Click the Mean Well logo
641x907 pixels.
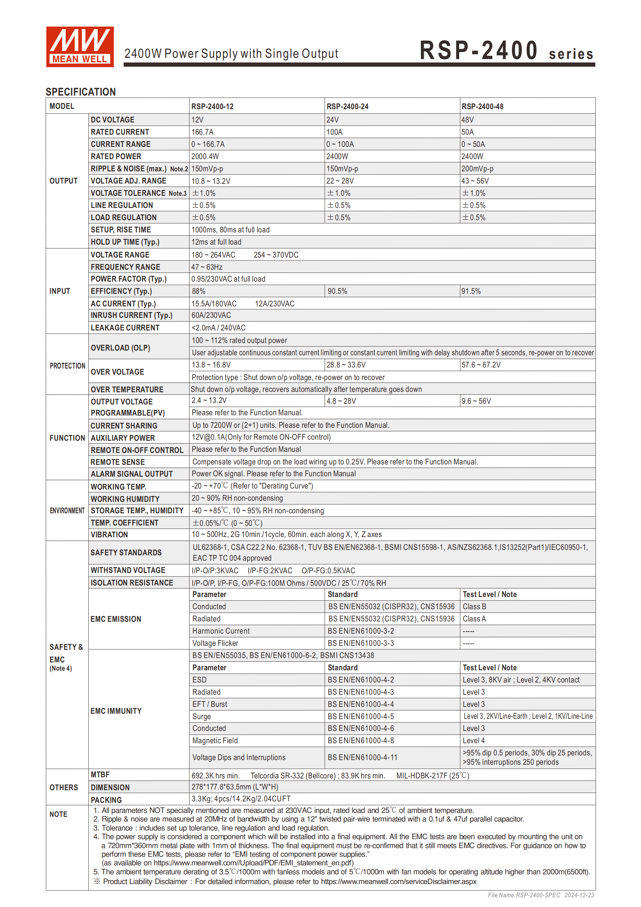(80, 47)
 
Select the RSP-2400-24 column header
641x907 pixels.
(347, 107)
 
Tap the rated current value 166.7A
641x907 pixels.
(202, 132)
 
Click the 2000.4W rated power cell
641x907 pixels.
(205, 156)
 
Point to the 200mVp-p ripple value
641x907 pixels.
(477, 169)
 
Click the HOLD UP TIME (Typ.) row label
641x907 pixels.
(125, 242)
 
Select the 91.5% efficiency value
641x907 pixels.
(471, 291)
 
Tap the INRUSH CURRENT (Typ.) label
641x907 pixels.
(131, 315)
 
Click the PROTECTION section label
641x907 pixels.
(67, 366)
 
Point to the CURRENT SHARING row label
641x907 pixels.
(124, 425)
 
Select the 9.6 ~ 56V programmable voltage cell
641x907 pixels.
(476, 401)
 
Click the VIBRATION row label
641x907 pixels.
(110, 535)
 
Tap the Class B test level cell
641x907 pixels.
(474, 606)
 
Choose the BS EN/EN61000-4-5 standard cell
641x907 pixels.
(361, 716)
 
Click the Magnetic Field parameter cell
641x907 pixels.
(215, 741)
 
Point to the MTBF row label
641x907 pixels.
(100, 775)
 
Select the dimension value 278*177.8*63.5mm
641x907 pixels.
(234, 787)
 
